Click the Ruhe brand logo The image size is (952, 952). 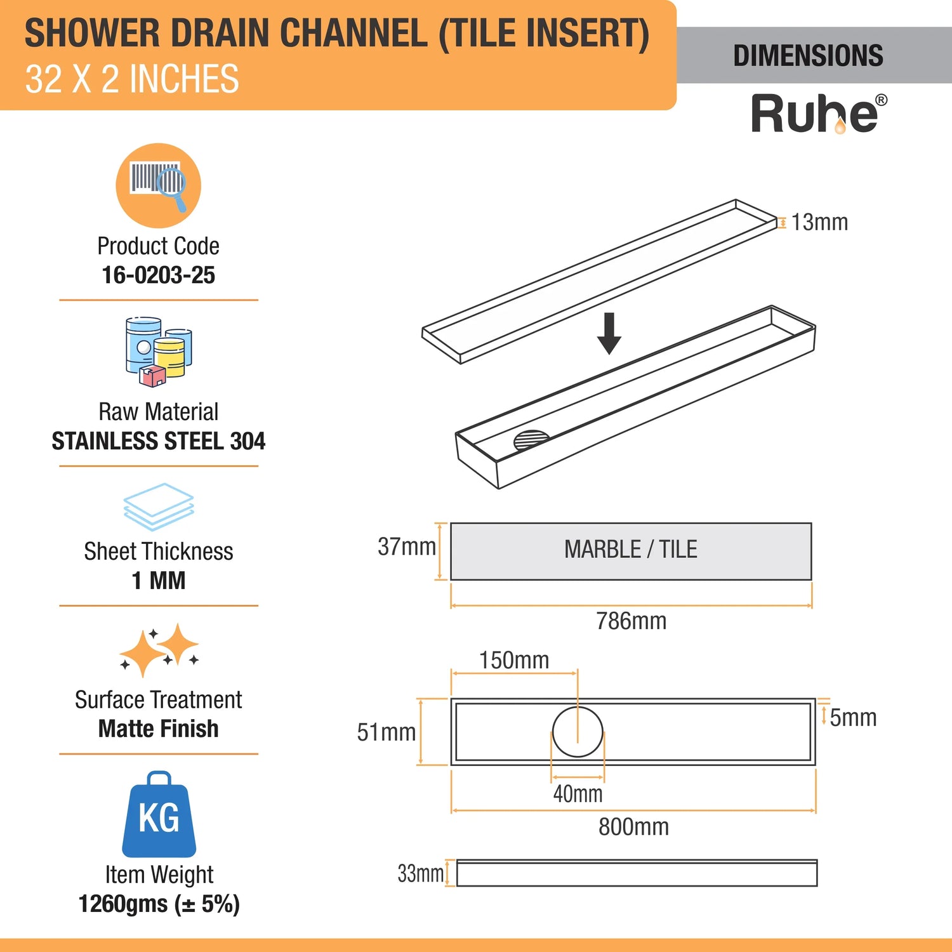click(x=819, y=114)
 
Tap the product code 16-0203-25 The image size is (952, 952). click(x=159, y=275)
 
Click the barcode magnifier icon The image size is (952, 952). click(x=158, y=185)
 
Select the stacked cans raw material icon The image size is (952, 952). click(x=159, y=352)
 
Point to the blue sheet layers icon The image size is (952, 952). click(x=159, y=506)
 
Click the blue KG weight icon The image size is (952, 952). click(x=159, y=814)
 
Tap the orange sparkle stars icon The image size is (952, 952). click(x=159, y=650)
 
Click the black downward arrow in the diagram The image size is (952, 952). click(x=609, y=333)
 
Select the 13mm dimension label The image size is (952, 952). click(x=819, y=222)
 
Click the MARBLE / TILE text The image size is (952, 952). click(x=631, y=549)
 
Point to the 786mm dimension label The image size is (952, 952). click(x=631, y=621)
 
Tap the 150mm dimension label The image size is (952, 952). click(x=514, y=660)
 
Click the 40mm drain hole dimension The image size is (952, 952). click(x=578, y=793)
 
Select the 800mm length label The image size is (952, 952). click(x=633, y=827)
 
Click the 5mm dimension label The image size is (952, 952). click(x=853, y=718)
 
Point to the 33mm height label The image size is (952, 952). click(x=421, y=873)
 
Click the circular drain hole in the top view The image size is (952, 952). click(x=578, y=732)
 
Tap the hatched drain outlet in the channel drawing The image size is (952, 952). click(x=532, y=440)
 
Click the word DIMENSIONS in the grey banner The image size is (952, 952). click(x=808, y=56)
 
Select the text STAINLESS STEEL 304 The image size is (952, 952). click(x=159, y=441)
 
